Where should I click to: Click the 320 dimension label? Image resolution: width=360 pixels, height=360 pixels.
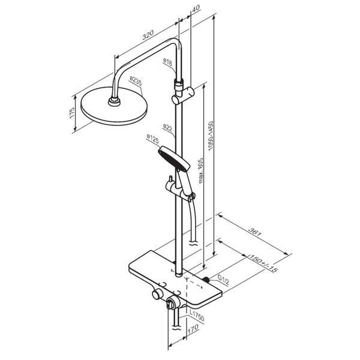point(148,34)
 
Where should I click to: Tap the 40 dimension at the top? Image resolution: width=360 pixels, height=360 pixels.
point(196,8)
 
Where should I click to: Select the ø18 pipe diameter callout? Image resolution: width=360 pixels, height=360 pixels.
point(167,62)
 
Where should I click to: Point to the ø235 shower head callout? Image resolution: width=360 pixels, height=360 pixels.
point(136,81)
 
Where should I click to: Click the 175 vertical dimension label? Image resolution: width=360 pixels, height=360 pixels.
point(72,113)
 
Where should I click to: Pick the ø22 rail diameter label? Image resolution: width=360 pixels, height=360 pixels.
point(167,127)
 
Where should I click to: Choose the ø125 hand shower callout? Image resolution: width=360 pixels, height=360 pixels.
point(152,139)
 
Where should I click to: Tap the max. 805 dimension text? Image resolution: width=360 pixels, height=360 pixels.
point(200,170)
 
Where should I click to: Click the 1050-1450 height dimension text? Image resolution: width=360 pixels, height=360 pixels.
point(211,136)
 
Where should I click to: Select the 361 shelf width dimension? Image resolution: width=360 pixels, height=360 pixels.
point(256,232)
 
